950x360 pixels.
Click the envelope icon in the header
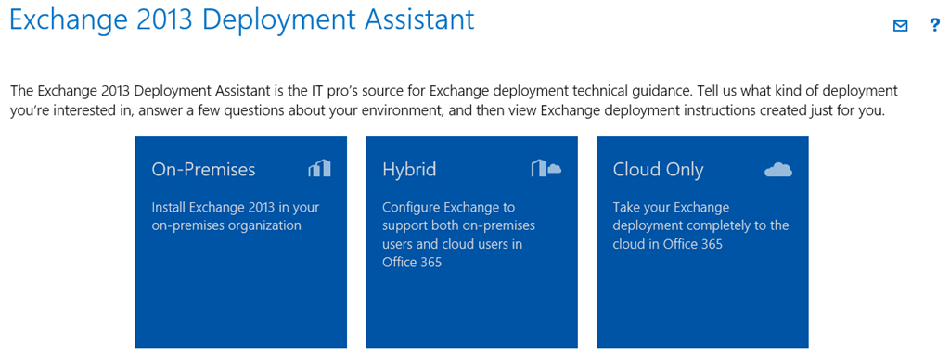pyautogui.click(x=900, y=26)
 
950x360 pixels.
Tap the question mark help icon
pyautogui.click(x=934, y=26)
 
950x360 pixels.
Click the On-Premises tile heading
pyautogui.click(x=203, y=170)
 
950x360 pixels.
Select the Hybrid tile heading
pyautogui.click(x=409, y=170)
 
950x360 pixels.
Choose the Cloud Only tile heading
pyautogui.click(x=658, y=170)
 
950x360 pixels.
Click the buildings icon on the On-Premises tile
pyautogui.click(x=319, y=168)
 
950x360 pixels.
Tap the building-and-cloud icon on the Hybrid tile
pyautogui.click(x=546, y=168)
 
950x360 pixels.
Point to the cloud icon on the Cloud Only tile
pyautogui.click(x=778, y=170)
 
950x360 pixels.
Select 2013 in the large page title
pyautogui.click(x=163, y=19)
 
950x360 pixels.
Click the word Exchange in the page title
pyautogui.click(x=66, y=19)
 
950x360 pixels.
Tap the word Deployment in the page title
pyautogui.click(x=278, y=20)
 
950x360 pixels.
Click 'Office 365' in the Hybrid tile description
pyautogui.click(x=412, y=263)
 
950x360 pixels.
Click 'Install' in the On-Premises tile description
pyautogui.click(x=169, y=207)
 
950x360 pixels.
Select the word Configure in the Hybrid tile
pyautogui.click(x=411, y=208)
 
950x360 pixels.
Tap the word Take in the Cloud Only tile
pyautogui.click(x=625, y=207)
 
